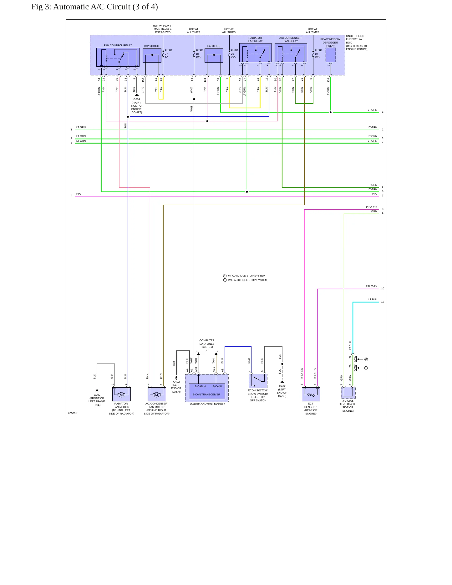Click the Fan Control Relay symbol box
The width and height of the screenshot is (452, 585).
tap(118, 57)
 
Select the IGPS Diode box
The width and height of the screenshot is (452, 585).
tap(152, 55)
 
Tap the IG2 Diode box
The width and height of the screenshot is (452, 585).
tap(214, 55)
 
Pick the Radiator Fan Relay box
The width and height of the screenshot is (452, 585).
tap(255, 53)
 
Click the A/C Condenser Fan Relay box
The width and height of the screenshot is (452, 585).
tap(291, 53)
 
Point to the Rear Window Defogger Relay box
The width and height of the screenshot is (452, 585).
tap(331, 55)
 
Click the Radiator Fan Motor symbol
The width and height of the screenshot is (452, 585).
tap(121, 394)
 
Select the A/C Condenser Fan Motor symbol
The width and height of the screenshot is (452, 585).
tap(157, 394)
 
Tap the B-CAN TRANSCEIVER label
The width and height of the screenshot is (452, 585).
tap(206, 394)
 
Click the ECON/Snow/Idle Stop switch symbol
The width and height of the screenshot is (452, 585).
tap(258, 381)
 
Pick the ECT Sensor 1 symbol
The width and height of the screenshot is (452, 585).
tap(311, 394)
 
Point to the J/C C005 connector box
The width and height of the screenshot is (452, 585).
tap(348, 393)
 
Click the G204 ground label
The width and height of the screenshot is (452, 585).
tap(137, 99)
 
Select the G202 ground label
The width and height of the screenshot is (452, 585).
tap(97, 395)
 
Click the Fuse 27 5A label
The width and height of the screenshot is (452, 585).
tap(168, 53)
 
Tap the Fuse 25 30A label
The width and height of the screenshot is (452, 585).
tap(234, 53)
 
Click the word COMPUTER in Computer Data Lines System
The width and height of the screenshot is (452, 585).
tap(207, 340)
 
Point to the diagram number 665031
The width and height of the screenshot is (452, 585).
tap(73, 413)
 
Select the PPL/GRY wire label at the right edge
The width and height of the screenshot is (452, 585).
tap(371, 286)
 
